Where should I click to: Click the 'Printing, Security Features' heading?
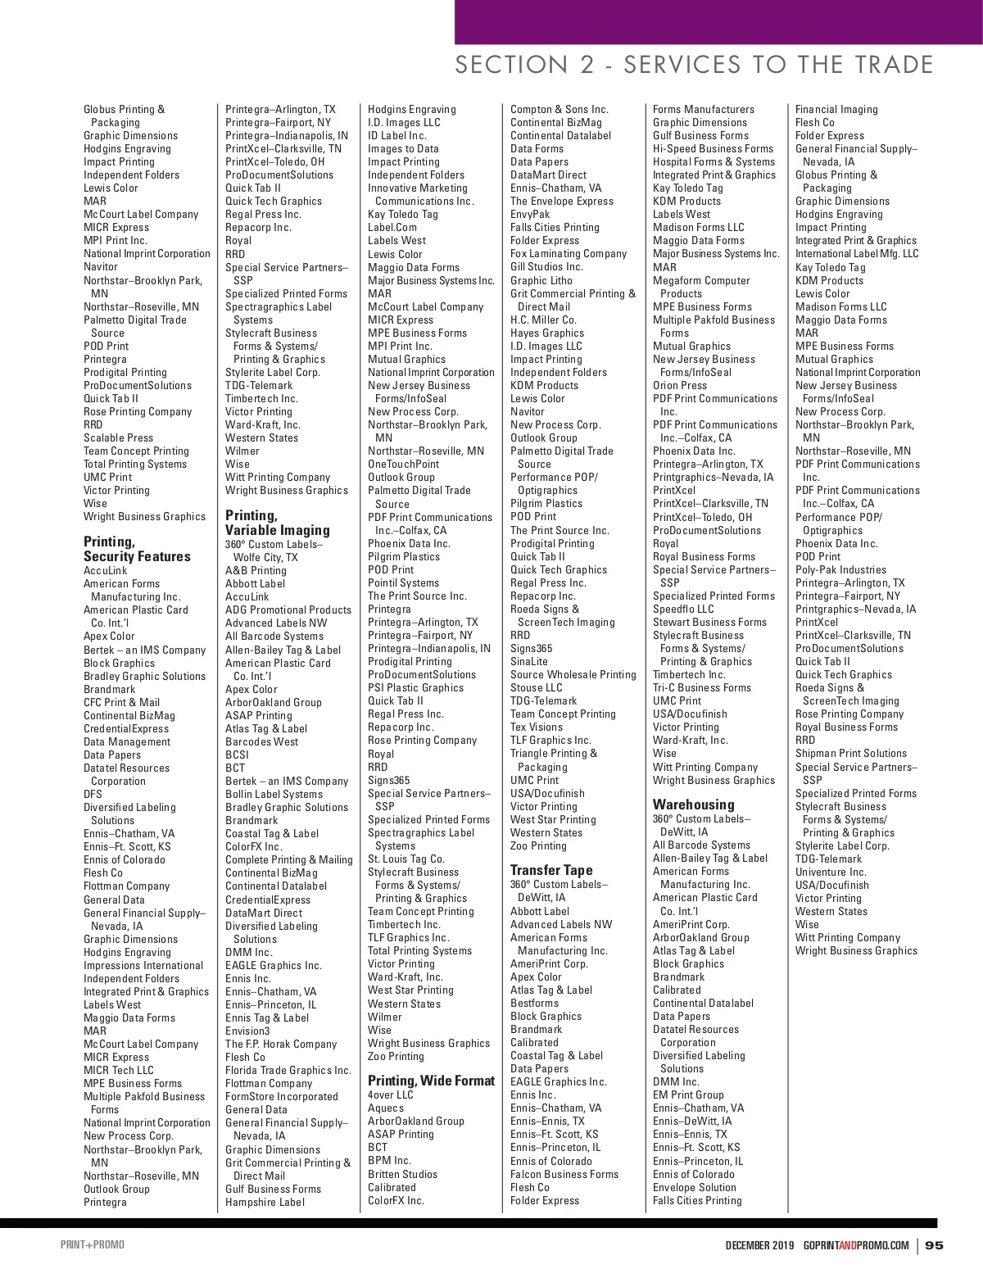(137, 549)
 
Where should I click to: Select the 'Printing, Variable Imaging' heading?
(278, 523)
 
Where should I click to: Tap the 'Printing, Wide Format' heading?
(431, 1081)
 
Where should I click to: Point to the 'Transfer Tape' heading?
(551, 870)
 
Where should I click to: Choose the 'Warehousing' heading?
(694, 804)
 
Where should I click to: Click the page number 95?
(935, 1246)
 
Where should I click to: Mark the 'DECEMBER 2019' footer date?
(759, 1246)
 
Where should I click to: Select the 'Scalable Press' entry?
(118, 437)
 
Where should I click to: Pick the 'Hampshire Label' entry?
(265, 1202)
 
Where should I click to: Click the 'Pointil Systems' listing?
(403, 582)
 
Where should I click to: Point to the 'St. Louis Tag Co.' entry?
(406, 859)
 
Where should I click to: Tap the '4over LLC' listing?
(391, 1094)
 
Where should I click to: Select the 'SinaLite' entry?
(529, 661)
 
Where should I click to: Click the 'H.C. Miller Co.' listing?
(543, 319)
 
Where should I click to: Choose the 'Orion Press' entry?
(680, 385)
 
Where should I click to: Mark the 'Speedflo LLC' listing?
(683, 609)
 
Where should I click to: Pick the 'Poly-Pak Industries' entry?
(840, 569)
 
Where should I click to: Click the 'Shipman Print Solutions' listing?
(851, 753)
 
